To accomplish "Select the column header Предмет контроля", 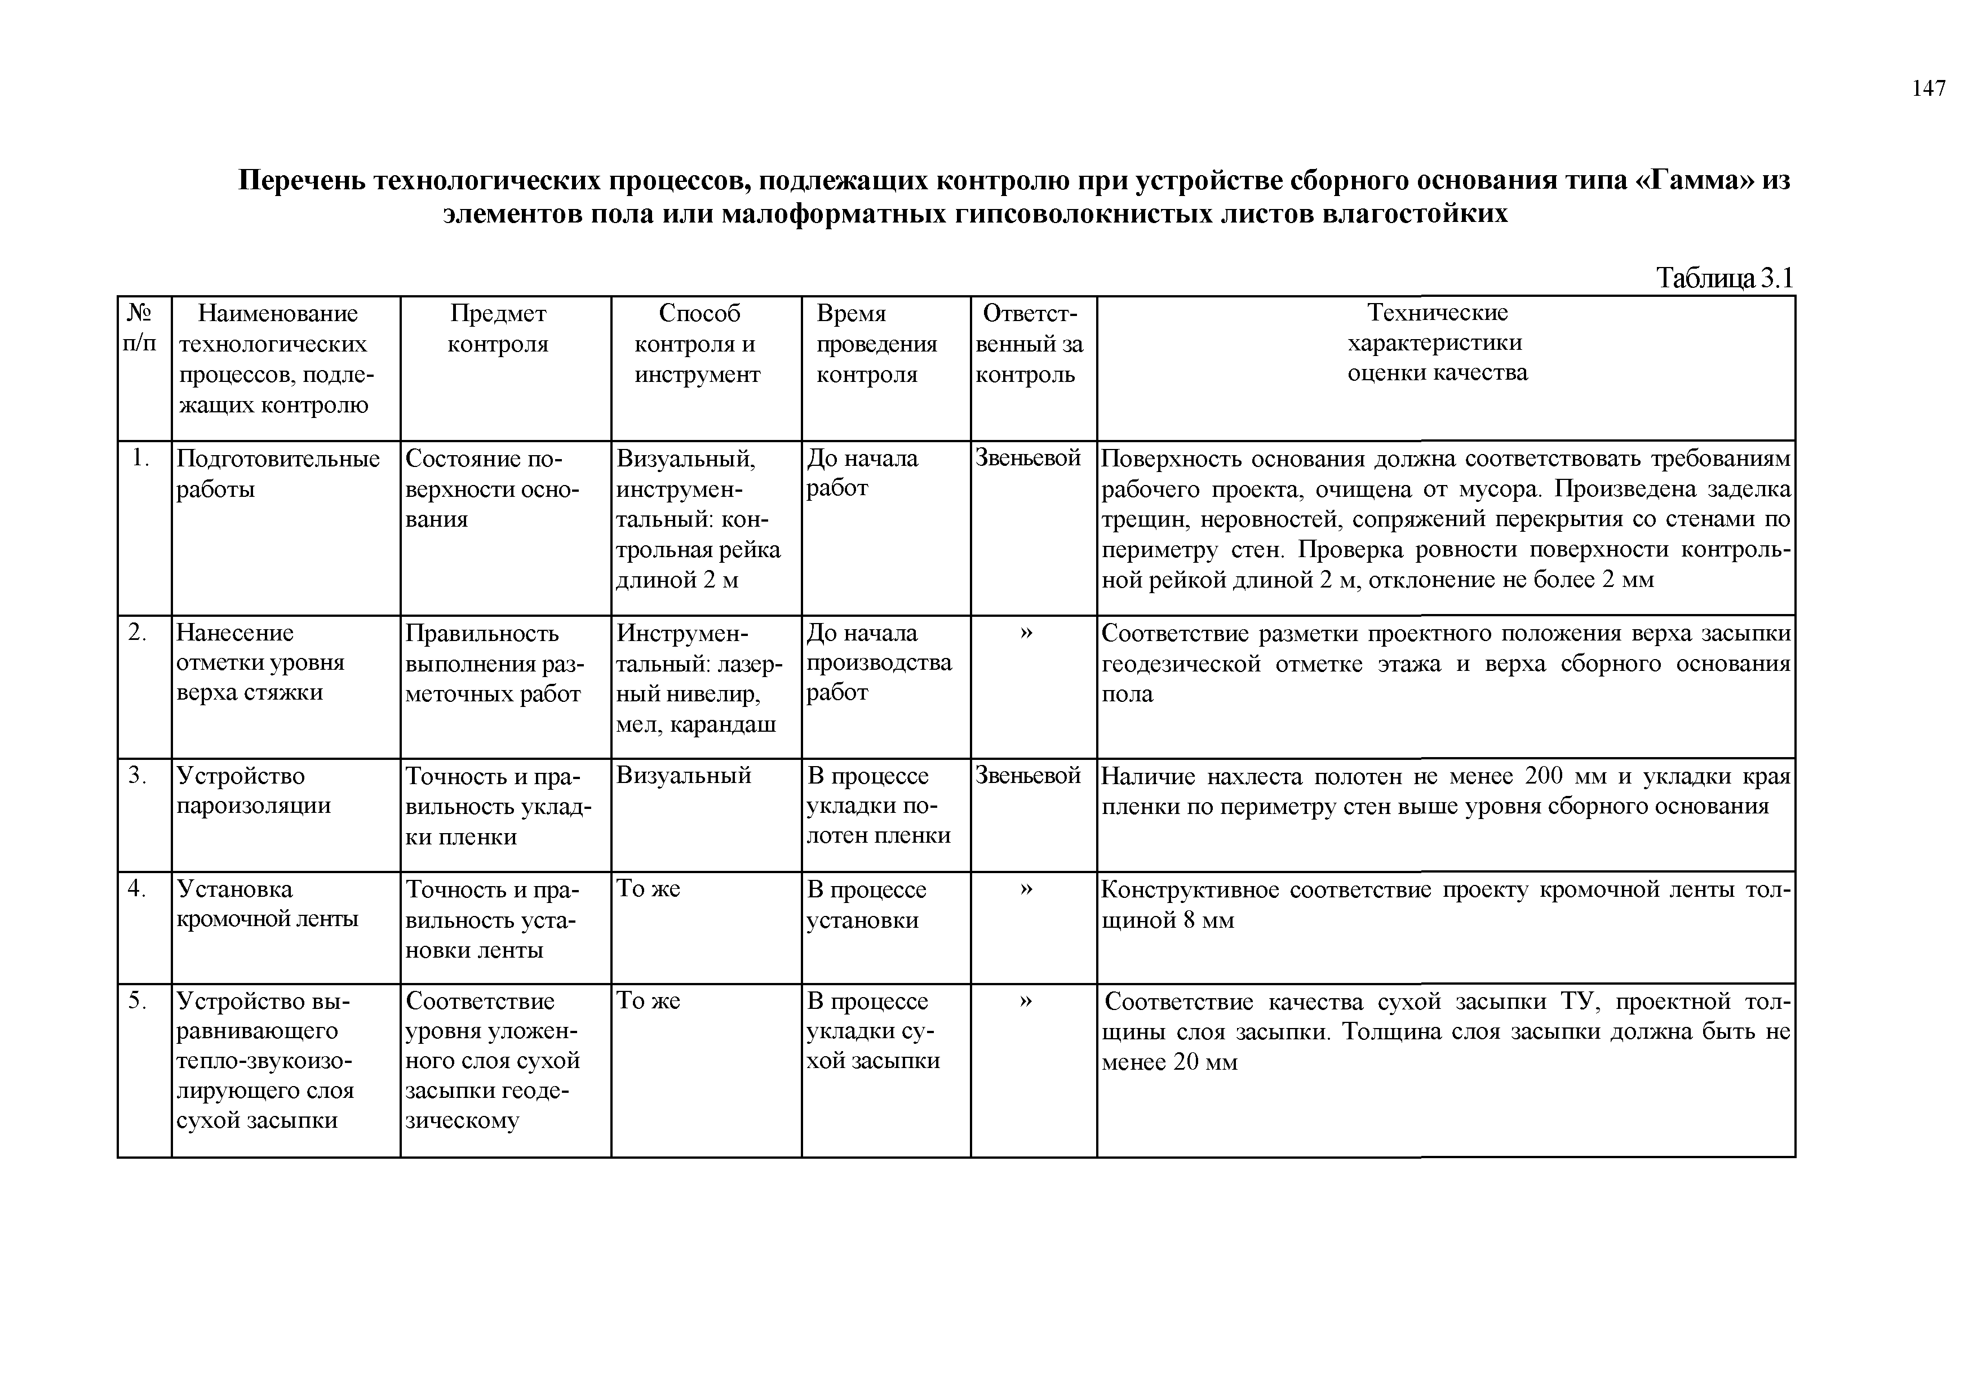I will coord(498,329).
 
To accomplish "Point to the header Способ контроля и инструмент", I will coord(698,344).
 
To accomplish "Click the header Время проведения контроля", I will coord(876,344).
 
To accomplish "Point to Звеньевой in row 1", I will coord(1027,459).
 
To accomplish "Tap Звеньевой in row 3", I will coord(1027,776).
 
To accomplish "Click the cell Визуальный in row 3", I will coord(684,776).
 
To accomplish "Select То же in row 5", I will coord(648,1001).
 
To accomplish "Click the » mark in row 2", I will coord(1026,633).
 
